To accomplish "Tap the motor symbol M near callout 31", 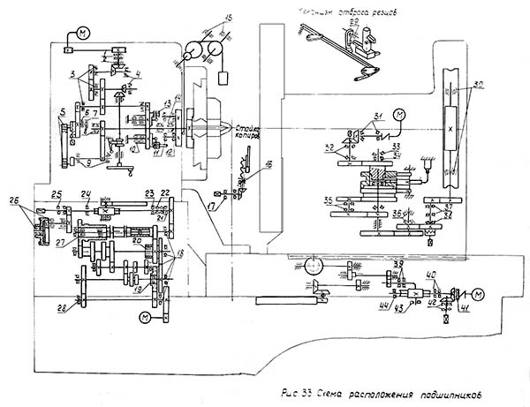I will pos(398,115).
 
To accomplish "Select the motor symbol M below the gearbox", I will pos(144,316).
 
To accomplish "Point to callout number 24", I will pos(87,193).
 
